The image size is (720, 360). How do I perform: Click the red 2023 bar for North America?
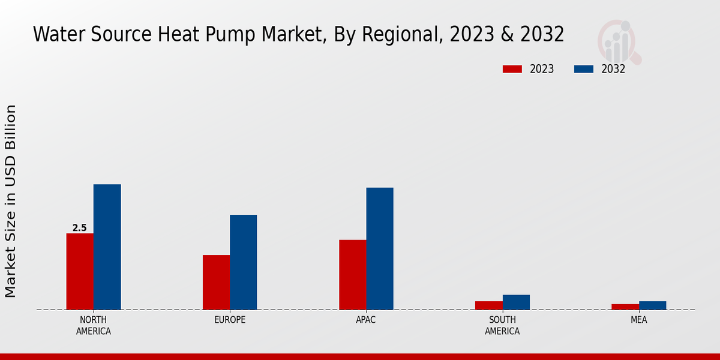click(80, 271)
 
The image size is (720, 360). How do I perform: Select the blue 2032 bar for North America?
click(107, 247)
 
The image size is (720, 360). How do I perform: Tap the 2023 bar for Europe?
click(216, 282)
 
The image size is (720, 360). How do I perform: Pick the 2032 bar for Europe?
click(243, 262)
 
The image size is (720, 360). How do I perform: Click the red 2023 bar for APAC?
click(352, 275)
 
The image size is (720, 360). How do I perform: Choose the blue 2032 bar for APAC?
click(380, 248)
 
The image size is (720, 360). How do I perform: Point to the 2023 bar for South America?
click(488, 305)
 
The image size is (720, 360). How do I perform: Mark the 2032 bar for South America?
click(516, 302)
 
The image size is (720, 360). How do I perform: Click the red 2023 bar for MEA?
click(625, 307)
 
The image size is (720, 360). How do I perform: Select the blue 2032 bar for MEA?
click(652, 305)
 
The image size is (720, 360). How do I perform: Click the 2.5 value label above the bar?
click(79, 228)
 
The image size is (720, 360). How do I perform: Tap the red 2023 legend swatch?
click(512, 69)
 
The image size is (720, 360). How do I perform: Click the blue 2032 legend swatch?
click(584, 69)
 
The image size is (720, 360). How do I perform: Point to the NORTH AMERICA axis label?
click(94, 325)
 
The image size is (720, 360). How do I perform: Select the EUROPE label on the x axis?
click(230, 320)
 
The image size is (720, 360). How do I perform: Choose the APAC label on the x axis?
click(366, 320)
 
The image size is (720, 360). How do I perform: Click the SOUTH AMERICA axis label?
click(502, 325)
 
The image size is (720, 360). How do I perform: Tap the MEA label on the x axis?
click(638, 320)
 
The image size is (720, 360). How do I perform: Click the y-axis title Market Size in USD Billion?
click(11, 201)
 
